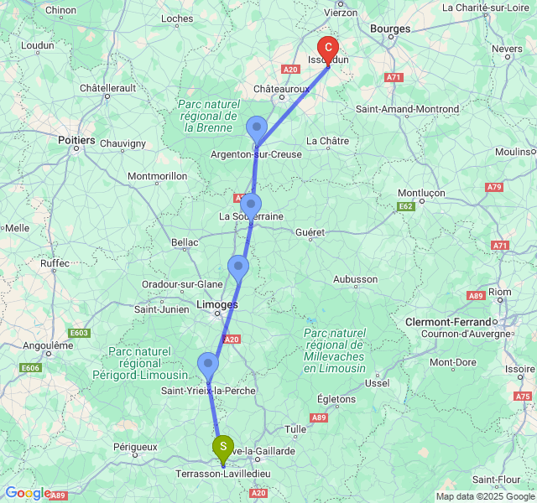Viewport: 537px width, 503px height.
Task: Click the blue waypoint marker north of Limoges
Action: pyautogui.click(x=238, y=268)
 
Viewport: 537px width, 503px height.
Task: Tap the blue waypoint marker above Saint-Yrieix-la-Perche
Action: pyautogui.click(x=207, y=365)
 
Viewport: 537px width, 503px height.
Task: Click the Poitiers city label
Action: pyautogui.click(x=76, y=141)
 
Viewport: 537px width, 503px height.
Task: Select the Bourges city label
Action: pyautogui.click(x=390, y=29)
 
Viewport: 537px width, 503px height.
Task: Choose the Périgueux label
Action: pyautogui.click(x=135, y=447)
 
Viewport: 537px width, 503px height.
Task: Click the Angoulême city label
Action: pyautogui.click(x=48, y=345)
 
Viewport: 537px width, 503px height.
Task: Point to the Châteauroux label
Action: pyautogui.click(x=282, y=87)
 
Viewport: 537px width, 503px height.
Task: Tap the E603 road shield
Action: pyautogui.click(x=80, y=333)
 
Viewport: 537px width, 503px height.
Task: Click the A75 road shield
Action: pyautogui.click(x=523, y=396)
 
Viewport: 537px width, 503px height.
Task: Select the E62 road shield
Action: pyautogui.click(x=406, y=205)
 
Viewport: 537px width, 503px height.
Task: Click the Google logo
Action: pyautogui.click(x=27, y=493)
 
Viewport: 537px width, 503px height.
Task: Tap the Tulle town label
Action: pyautogui.click(x=295, y=429)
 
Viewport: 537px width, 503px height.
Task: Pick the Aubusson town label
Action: pyautogui.click(x=355, y=279)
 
